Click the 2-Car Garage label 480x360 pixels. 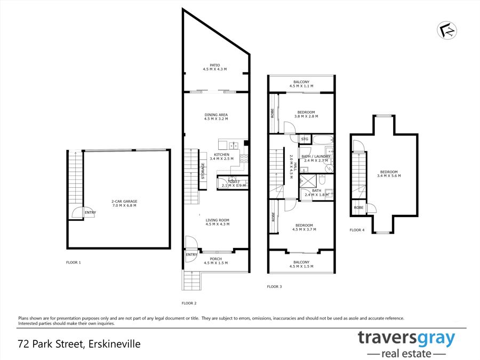[124, 203]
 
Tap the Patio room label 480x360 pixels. [215, 67]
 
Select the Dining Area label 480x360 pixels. [216, 117]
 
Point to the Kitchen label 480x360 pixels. [222, 156]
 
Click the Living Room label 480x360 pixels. [218, 222]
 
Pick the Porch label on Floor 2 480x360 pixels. [216, 261]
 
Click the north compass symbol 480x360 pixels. [447, 30]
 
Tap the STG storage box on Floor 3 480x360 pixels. [305, 139]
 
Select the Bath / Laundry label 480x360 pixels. [316, 158]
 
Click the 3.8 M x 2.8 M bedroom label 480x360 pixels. [306, 114]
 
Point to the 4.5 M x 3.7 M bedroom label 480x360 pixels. [305, 227]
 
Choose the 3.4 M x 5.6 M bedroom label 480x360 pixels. [389, 174]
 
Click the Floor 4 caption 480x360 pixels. [357, 230]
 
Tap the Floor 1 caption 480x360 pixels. [74, 262]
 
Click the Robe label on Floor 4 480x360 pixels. [358, 207]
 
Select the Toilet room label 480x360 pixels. [234, 183]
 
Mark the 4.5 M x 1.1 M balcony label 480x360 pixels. [301, 84]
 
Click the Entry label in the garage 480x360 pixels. [90, 212]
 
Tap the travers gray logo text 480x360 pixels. [406, 339]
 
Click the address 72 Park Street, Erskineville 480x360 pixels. [79, 344]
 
